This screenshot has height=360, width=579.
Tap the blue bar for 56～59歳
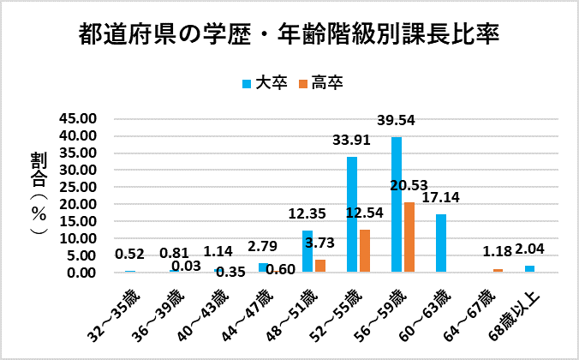click(397, 205)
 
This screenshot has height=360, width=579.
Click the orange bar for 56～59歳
click(409, 237)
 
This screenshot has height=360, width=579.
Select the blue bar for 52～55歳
click(352, 214)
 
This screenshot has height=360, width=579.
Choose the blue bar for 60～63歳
click(441, 243)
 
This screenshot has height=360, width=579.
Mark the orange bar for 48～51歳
click(320, 267)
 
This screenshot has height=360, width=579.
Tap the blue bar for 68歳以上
click(530, 269)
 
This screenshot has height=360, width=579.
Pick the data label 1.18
click(498, 252)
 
